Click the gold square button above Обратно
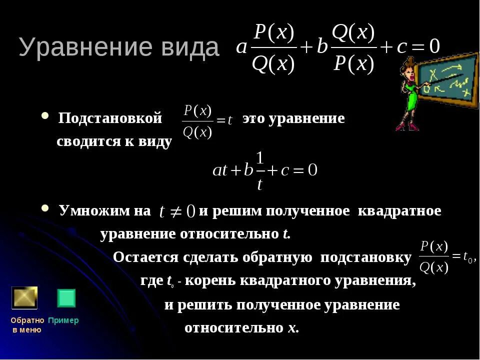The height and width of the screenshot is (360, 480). tap(24, 298)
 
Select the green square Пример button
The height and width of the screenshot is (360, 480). tap(66, 298)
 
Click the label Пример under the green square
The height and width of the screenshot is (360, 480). tap(63, 320)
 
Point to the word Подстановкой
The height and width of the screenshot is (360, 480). tap(110, 119)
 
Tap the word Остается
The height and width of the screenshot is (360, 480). tap(145, 257)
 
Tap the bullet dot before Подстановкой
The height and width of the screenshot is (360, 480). tap(45, 116)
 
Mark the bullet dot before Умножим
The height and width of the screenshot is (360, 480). tap(45, 208)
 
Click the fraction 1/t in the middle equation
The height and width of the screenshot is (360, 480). tap(259, 171)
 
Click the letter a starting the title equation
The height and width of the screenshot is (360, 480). tap(241, 47)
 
